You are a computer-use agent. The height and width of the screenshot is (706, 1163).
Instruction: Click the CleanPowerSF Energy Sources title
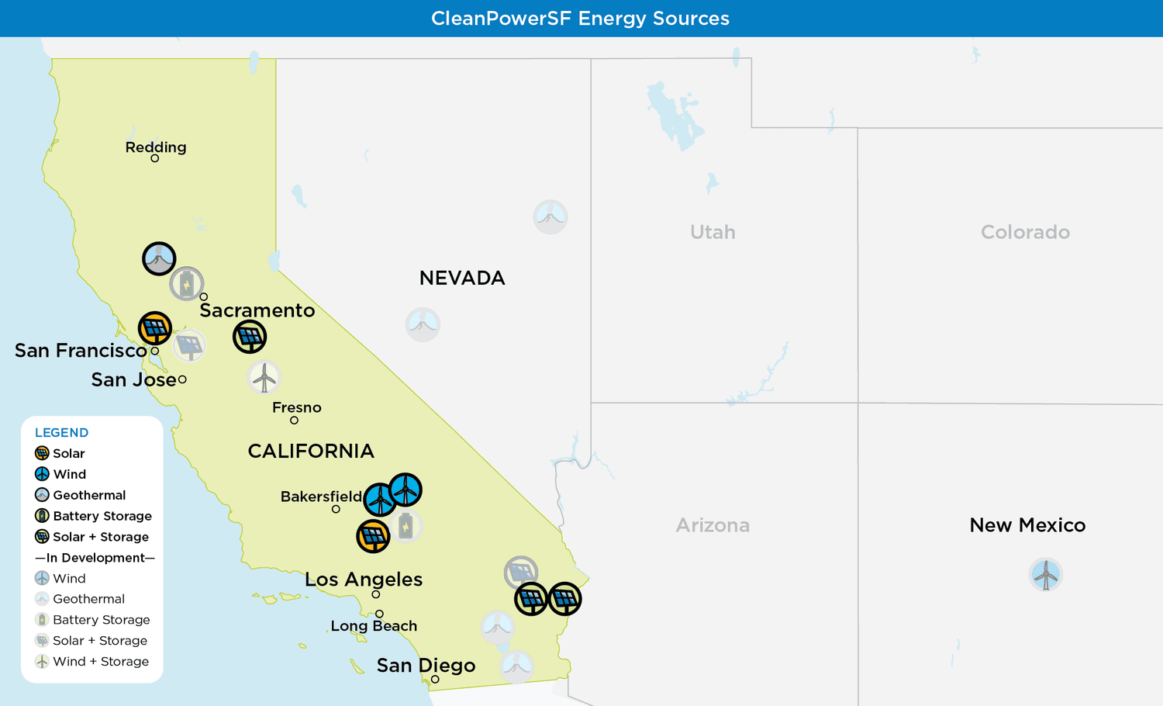[x=580, y=19]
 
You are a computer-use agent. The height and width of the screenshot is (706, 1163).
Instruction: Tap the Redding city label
[x=156, y=147]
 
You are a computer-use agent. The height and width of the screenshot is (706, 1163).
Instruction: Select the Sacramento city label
[x=257, y=310]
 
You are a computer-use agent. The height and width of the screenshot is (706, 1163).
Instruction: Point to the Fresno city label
[x=296, y=407]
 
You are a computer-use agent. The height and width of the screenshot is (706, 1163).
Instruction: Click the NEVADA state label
[x=462, y=278]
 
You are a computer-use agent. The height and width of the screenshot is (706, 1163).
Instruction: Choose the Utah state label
[x=713, y=232]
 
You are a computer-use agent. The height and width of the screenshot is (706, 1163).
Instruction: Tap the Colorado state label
[x=1025, y=232]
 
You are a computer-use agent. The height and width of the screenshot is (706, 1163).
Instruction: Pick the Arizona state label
[x=713, y=525]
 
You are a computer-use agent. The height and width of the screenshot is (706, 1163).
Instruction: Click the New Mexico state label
[x=1027, y=525]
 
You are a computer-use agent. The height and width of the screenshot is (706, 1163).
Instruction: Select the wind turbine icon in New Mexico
[x=1046, y=575]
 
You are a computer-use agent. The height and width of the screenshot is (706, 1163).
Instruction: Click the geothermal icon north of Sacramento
[x=159, y=258]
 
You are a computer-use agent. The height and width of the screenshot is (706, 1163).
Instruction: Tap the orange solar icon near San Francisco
[x=155, y=328]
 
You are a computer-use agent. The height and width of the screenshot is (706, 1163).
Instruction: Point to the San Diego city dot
[x=435, y=680]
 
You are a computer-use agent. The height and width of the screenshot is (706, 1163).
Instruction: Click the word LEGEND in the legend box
[x=61, y=433]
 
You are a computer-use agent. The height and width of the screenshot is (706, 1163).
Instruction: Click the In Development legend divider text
[x=95, y=558]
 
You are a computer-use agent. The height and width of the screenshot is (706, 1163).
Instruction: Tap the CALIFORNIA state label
[x=311, y=451]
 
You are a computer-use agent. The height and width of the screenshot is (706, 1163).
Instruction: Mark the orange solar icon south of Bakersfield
[x=373, y=536]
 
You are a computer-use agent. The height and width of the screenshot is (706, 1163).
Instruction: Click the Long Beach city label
[x=374, y=626]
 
